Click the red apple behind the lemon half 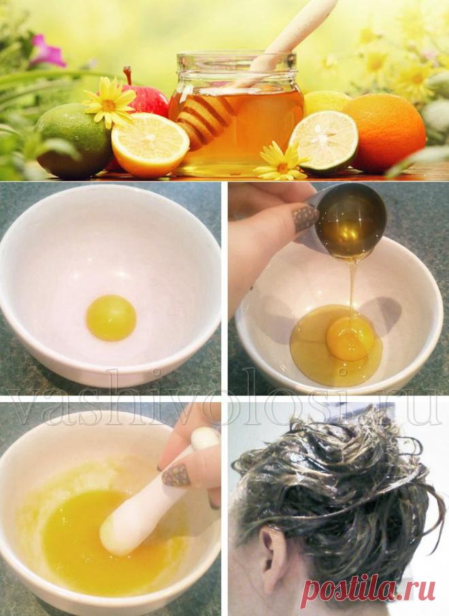(x=148, y=98)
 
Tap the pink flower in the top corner (x=47, y=51)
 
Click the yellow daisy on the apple (x=109, y=101)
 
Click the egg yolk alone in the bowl (x=111, y=318)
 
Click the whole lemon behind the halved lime (x=325, y=103)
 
